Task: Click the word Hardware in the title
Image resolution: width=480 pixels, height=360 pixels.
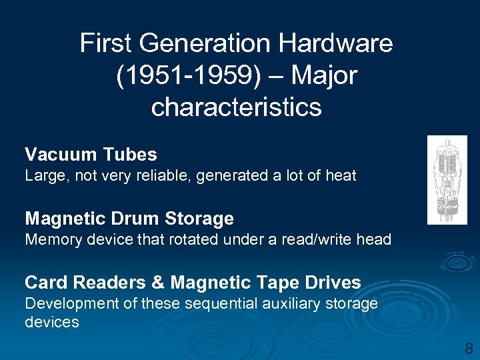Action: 335,44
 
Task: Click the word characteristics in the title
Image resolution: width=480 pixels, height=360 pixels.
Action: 237,107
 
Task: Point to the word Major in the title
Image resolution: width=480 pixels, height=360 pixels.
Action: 326,75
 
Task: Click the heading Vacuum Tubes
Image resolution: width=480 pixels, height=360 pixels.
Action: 91,155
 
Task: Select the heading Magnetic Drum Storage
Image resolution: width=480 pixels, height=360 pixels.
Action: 129,218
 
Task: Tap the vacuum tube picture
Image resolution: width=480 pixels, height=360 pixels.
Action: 447,180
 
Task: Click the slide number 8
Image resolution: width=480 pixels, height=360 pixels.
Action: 469,347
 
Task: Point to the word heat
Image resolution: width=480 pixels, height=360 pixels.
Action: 341,176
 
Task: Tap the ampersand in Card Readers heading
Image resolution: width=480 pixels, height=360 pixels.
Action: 158,282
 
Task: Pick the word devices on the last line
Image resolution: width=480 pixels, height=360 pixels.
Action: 52,322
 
